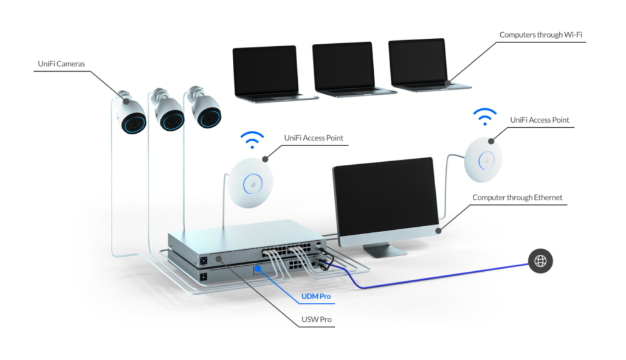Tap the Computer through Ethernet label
(517, 198)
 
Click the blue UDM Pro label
(317, 297)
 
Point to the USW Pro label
(317, 319)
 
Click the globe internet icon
(540, 262)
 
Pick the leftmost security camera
(131, 117)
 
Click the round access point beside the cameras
(250, 182)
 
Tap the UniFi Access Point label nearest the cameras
(313, 138)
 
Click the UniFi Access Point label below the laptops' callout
(539, 120)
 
